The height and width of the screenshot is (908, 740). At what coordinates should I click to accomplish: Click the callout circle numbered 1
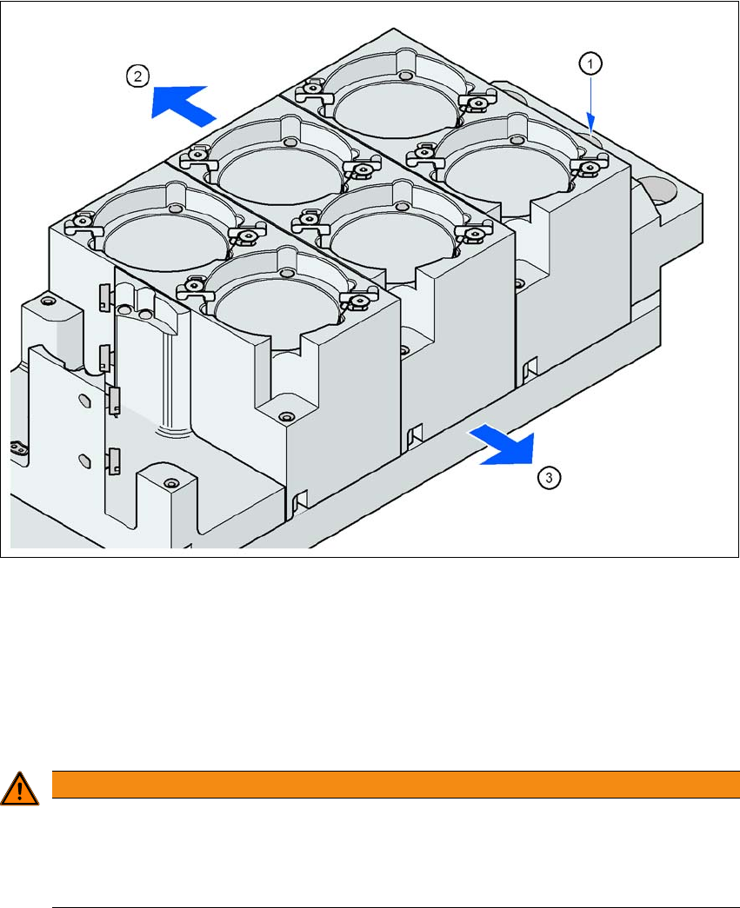590,63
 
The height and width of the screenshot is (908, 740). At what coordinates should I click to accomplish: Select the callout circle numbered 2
138,76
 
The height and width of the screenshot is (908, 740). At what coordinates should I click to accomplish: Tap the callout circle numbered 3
550,478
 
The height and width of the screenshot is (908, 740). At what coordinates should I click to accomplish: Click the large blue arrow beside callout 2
183,104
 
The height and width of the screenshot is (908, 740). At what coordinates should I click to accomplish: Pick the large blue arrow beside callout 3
503,444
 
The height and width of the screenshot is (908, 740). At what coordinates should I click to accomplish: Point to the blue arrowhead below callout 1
591,121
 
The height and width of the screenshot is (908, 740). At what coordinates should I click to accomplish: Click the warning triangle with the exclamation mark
19,789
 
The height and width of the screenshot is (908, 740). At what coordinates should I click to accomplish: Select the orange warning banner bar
396,784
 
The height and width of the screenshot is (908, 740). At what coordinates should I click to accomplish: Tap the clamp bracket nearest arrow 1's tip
590,166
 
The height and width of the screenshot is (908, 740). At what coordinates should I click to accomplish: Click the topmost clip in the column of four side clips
103,296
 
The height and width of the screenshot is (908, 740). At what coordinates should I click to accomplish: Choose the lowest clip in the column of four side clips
114,460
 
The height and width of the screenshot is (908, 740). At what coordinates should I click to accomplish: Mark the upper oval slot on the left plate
84,401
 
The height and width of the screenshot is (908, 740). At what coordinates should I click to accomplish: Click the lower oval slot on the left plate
84,461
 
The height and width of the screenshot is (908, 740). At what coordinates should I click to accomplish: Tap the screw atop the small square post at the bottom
170,482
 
